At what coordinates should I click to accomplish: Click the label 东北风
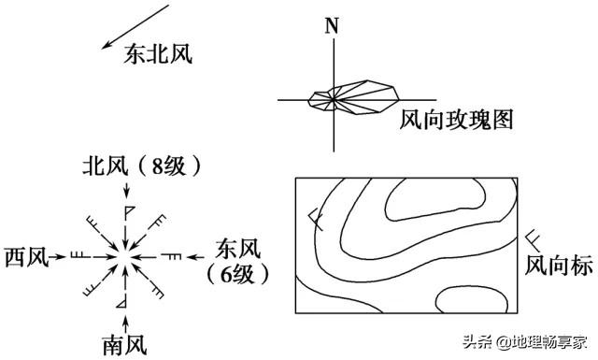[x=158, y=55]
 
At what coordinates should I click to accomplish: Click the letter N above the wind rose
[x=331, y=24]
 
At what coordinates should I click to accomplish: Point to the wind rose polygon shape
[x=355, y=99]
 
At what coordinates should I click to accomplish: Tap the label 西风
[x=26, y=255]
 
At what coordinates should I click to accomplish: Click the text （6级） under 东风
[x=238, y=274]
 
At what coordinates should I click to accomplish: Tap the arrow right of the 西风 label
[x=60, y=254]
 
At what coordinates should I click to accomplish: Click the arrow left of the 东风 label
[x=198, y=254]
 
